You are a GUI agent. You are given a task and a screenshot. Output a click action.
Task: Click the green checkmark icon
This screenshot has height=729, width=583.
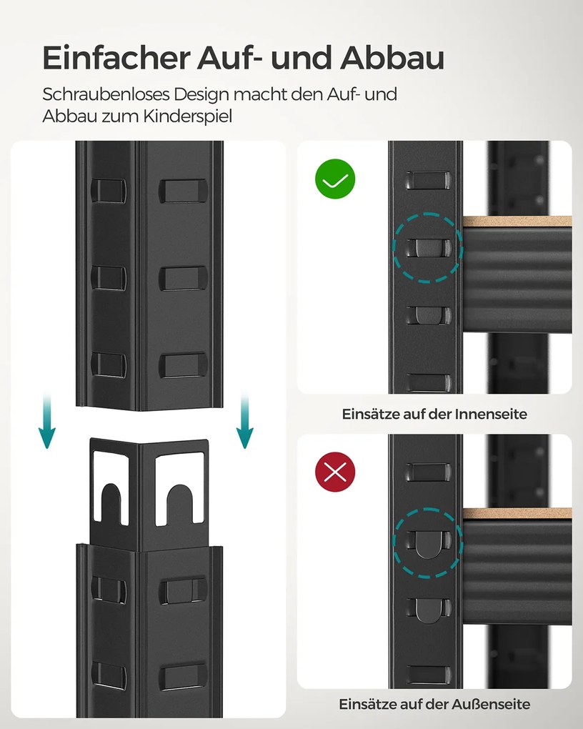coord(335,179)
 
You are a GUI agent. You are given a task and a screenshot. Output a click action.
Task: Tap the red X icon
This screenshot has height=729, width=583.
coord(335,472)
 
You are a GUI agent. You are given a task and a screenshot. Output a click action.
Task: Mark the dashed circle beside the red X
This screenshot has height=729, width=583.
coord(428,542)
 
